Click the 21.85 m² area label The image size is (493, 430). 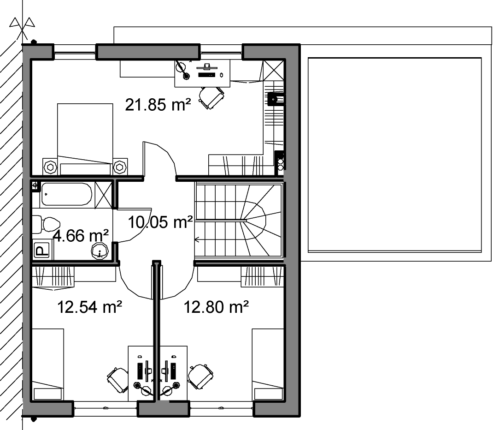[158, 105]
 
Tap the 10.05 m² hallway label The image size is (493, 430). [160, 222]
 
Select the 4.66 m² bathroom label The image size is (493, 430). [81, 235]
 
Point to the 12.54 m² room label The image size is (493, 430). [89, 307]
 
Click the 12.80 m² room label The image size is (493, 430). [216, 307]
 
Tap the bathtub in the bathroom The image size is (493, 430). [67, 194]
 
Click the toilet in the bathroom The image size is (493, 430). [46, 224]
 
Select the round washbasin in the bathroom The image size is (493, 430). [100, 251]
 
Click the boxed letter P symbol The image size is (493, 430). [41, 250]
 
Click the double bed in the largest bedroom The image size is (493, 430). [85, 139]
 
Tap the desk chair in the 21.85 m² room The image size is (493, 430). [211, 97]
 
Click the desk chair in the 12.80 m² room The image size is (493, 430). [200, 376]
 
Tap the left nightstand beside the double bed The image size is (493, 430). [50, 166]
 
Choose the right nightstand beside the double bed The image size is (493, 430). [120, 166]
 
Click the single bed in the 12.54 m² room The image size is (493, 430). [48, 364]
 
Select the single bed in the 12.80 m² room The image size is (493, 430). [268, 364]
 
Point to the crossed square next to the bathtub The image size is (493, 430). [104, 195]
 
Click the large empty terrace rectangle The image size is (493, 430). [394, 155]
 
